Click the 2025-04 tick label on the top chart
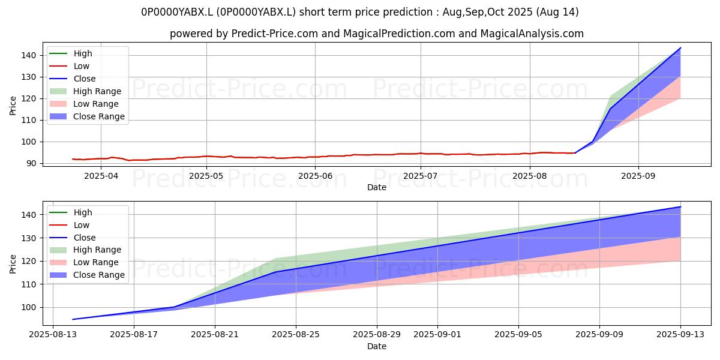pos(101,176)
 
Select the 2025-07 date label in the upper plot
pos(421,176)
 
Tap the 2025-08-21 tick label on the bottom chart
pos(215,335)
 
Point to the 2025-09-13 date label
pos(680,335)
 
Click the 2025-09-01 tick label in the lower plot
pos(437,335)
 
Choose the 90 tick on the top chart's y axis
pos(31,164)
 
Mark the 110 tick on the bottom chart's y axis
pos(28,284)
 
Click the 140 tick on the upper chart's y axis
pos(28,56)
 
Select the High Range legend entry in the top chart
pos(85,91)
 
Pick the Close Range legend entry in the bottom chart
pos(87,275)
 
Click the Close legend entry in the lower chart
pos(73,238)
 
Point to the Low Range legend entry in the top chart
pos(84,104)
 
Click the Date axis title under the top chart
pos(377,187)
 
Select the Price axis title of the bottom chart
pos(13,264)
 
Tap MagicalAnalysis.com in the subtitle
pos(532,34)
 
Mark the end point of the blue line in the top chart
pos(680,48)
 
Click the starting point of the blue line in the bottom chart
pos(73,319)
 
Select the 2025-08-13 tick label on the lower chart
pos(53,335)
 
